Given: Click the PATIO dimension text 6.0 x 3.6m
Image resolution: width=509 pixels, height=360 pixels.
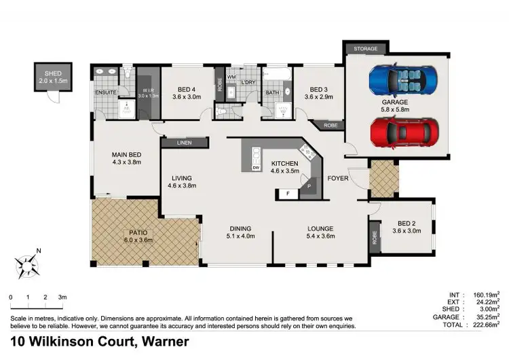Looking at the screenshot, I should [140, 240].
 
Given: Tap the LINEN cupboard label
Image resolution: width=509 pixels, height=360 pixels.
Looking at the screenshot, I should [184, 143].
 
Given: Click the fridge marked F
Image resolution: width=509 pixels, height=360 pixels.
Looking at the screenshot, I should [287, 194].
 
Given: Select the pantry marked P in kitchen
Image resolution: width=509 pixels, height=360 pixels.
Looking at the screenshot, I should [309, 185].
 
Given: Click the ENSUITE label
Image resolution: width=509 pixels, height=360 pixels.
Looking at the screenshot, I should [106, 92].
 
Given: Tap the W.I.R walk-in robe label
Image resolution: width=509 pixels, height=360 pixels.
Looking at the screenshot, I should [147, 90].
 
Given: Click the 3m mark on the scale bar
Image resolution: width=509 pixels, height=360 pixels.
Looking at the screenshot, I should [62, 297].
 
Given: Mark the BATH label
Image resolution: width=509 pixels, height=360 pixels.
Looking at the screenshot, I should [272, 92].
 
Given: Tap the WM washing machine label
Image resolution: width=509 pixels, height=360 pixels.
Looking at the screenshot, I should [231, 77].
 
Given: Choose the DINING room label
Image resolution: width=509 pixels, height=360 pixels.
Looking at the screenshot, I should [241, 228].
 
